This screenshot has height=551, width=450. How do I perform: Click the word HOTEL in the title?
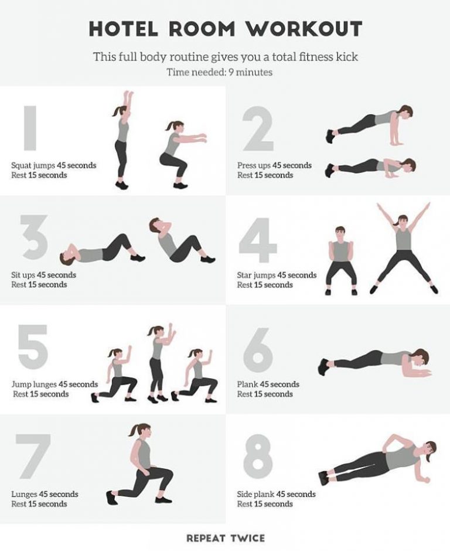pos(123,29)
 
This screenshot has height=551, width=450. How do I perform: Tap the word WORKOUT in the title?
pos(304,29)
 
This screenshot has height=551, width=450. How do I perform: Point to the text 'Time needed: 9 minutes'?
pos(220,72)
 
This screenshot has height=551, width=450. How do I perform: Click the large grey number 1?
pos(30,128)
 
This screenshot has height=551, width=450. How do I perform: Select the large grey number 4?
pos(258,240)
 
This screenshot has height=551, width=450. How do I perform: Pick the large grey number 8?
pos(258,457)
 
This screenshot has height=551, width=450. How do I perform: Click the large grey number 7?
pos(33,456)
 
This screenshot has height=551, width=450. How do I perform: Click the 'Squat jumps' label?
pos(33,165)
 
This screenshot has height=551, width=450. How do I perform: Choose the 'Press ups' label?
pos(254,165)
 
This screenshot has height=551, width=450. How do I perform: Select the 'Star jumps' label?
pos(256,275)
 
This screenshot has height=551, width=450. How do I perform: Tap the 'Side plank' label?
pos(255,494)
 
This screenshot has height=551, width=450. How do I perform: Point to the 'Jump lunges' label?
pos(34,385)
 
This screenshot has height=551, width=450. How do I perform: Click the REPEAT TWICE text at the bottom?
pos(226,538)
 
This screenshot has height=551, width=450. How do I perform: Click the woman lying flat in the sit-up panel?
pos(102,250)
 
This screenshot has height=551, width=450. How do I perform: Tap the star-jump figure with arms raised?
pos(404,248)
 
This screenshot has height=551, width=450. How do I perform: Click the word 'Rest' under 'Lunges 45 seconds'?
pos(19,504)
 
